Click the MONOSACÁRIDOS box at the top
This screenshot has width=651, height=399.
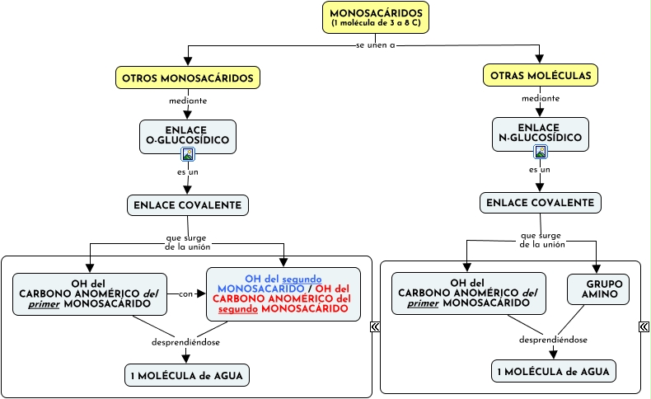coord(375,17)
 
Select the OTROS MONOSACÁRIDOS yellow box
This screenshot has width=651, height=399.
coord(188,78)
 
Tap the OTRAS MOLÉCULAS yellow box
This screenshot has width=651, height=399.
coord(541,75)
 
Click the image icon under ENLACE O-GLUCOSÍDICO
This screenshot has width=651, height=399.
coord(188,154)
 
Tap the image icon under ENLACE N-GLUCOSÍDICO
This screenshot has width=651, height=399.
coord(541,152)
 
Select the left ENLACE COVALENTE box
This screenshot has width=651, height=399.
coord(188,204)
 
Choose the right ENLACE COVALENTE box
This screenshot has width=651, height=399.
coord(541,202)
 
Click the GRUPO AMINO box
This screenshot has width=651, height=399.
coord(598,289)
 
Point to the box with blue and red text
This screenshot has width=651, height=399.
coord(283,293)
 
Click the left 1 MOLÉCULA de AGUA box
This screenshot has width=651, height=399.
coord(187,375)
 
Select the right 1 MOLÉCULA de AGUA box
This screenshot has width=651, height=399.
coord(554,372)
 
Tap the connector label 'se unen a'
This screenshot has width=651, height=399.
coord(376,45)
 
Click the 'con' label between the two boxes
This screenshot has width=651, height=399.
coord(185,293)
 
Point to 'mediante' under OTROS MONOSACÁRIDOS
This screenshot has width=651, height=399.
coord(188,101)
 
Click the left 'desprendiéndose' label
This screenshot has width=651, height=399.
coord(185,342)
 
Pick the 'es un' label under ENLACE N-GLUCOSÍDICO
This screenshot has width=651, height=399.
coord(540,169)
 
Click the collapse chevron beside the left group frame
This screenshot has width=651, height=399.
coord(376,327)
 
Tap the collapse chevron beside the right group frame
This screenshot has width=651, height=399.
coord(644,327)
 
